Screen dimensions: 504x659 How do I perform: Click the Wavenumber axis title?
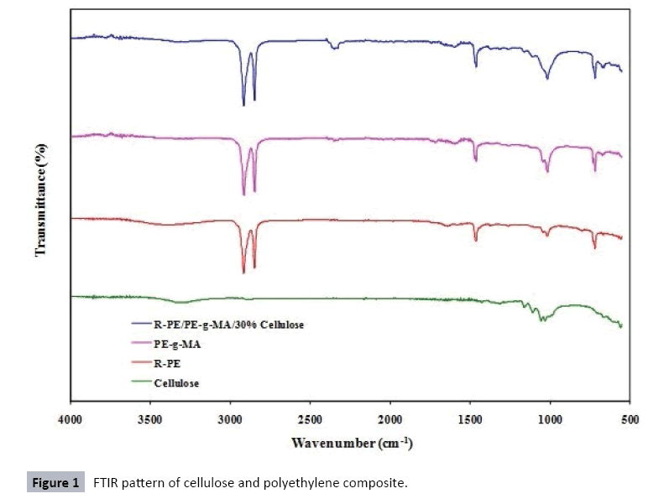[x=352, y=441]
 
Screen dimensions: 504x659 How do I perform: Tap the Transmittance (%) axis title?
[x=39, y=200]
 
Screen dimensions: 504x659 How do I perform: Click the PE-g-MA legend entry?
[x=178, y=345]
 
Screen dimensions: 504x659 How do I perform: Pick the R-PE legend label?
[x=167, y=364]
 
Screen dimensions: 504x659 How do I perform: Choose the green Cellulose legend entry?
[x=176, y=382]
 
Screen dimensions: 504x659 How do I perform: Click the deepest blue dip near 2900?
[x=243, y=105]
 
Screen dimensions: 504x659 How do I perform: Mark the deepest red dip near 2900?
[x=243, y=273]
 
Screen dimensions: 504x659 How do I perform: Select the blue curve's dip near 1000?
[x=547, y=79]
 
